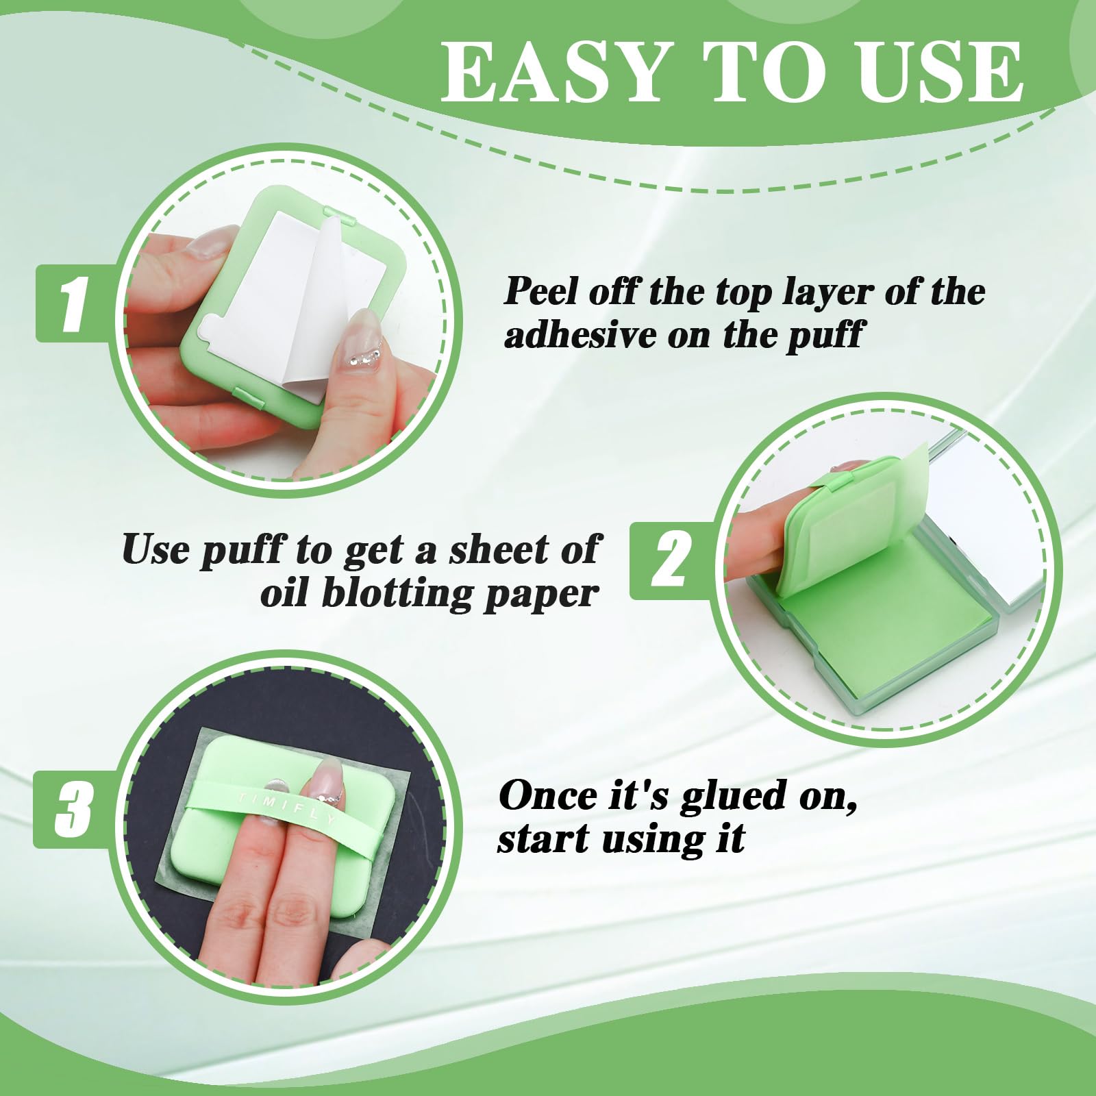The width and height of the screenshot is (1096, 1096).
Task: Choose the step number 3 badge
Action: pyautogui.click(x=73, y=809)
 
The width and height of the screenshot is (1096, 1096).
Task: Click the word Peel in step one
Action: pyautogui.click(x=542, y=291)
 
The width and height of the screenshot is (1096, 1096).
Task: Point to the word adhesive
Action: pyautogui.click(x=579, y=335)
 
